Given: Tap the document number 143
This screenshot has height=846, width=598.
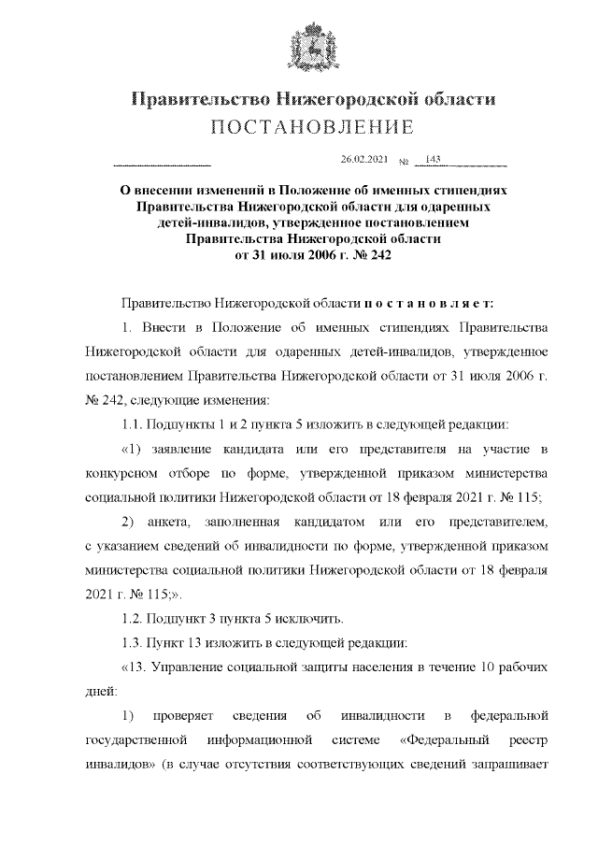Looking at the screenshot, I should click(x=433, y=159).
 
